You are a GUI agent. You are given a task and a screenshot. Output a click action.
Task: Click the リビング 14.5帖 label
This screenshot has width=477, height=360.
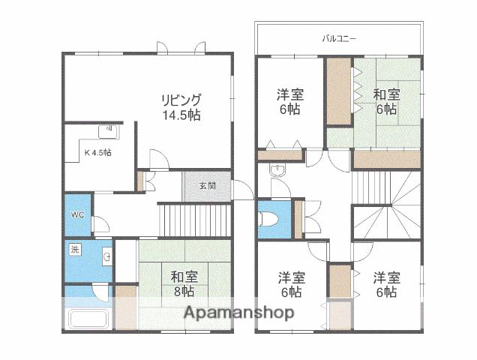181,107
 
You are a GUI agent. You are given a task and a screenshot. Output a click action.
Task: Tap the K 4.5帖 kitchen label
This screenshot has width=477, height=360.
97,152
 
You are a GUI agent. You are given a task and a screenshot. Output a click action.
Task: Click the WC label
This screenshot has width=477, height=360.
77,214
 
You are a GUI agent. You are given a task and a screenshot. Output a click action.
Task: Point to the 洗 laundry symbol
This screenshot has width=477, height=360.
74,249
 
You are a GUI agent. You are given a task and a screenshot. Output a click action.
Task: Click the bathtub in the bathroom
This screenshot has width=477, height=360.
89,318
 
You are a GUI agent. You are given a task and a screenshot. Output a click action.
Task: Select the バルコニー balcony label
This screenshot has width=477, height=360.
339,37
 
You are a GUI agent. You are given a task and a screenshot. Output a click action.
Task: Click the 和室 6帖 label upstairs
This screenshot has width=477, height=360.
386,101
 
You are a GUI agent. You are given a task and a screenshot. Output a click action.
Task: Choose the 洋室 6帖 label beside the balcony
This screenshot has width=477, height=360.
289,102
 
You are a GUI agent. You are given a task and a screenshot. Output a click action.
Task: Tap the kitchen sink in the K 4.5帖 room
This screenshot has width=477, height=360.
109,130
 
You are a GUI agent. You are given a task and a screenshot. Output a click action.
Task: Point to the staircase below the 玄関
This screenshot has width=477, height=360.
194,220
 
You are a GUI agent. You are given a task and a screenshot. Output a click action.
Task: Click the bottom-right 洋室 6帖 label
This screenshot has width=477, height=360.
385,284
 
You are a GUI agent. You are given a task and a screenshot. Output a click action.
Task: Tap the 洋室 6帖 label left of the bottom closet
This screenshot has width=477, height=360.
290,284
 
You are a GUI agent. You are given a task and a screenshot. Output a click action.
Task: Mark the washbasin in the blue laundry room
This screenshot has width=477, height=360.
108,258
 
